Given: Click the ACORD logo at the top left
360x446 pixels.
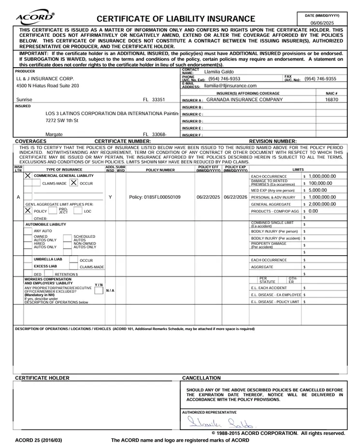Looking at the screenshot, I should (x=35, y=17).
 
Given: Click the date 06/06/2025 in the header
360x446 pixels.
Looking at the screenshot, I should (x=322, y=23).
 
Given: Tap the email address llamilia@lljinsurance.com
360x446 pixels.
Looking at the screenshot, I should (x=230, y=86).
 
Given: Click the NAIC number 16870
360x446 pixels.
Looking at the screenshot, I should (x=331, y=100).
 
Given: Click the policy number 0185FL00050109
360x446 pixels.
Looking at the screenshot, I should (x=155, y=197).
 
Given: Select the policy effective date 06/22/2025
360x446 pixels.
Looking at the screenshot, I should (x=208, y=197).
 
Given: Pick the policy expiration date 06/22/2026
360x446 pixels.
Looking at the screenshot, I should (x=235, y=197).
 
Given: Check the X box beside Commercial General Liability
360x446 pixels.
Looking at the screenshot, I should (x=28, y=175).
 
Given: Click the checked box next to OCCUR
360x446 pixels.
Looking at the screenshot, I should (x=73, y=183).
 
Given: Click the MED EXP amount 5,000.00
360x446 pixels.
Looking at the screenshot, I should (x=317, y=190).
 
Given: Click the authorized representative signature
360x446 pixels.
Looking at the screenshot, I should (x=220, y=423).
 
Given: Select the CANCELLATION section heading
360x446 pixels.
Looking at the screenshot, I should (x=201, y=378).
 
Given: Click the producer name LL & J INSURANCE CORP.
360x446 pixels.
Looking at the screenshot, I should (x=45, y=78).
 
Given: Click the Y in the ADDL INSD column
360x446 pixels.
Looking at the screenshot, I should (x=110, y=197).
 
